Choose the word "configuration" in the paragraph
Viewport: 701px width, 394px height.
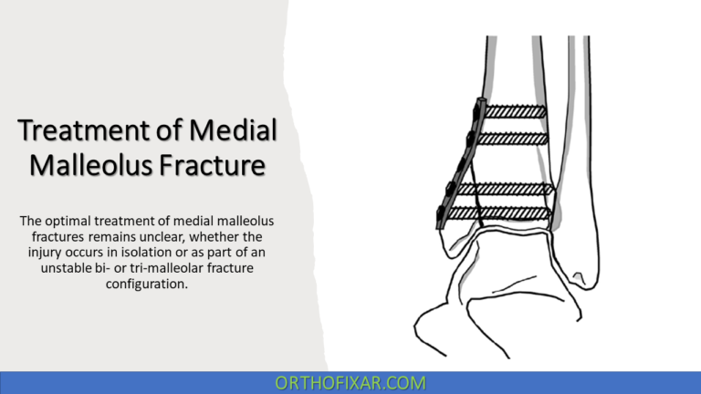pos(148,284)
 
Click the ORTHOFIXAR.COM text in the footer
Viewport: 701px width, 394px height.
pos(350,382)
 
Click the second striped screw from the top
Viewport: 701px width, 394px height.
pos(512,139)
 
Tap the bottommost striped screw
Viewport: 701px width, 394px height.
pos(513,213)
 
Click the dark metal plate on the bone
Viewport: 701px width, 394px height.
pos(458,164)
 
